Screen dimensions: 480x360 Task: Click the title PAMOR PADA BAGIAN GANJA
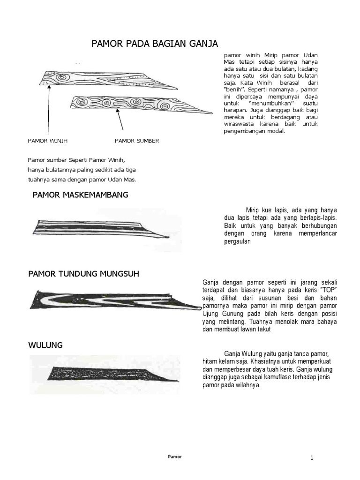154,44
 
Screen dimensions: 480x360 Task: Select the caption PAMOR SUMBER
137,140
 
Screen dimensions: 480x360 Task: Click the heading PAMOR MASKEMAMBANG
80,195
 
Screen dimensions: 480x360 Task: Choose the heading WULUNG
45,345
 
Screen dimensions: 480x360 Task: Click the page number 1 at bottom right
311,457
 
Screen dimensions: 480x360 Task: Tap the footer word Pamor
175,456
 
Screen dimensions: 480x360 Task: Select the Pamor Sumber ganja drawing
141,105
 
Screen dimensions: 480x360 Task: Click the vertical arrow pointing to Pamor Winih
48,108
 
